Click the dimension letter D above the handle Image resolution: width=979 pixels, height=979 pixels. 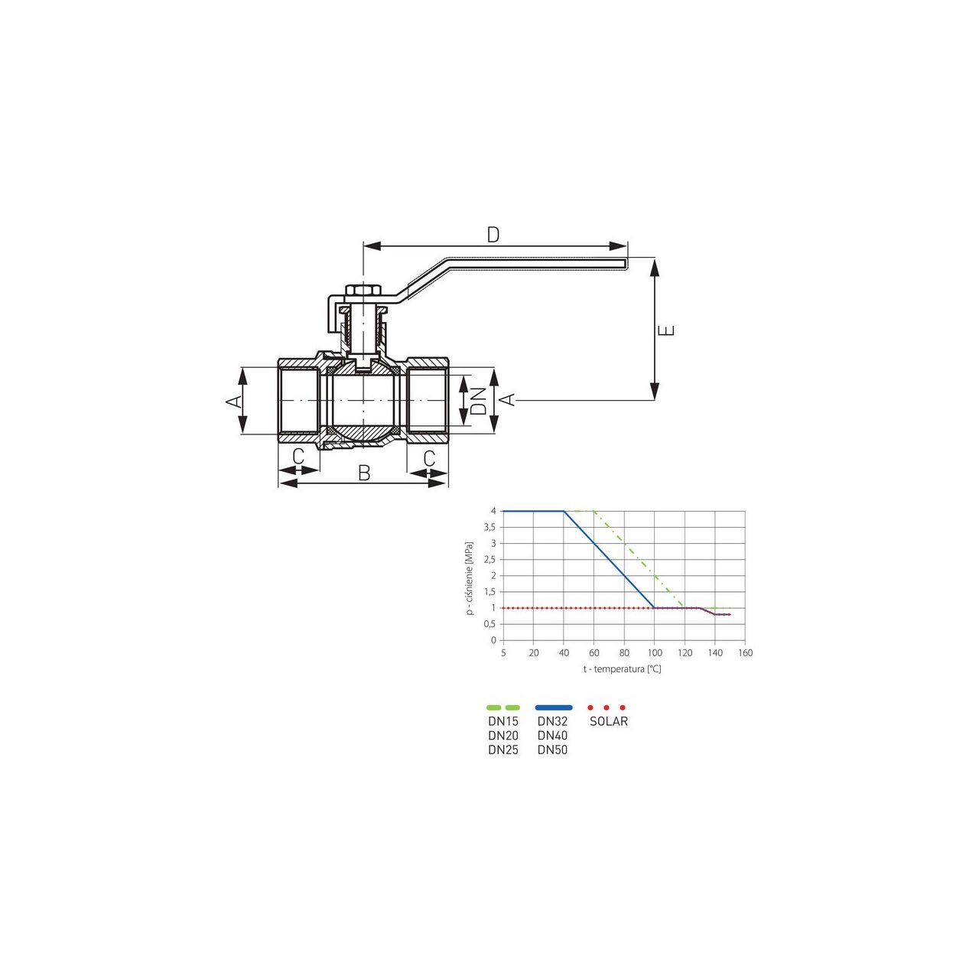(x=493, y=235)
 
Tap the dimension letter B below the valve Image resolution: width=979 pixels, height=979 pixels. (x=364, y=473)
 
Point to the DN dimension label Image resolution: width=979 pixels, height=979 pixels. (x=479, y=400)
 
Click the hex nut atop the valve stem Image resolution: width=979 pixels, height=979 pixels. (x=361, y=291)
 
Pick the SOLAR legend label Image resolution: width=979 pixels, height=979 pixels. (x=609, y=721)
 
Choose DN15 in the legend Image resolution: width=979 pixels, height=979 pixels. (x=503, y=721)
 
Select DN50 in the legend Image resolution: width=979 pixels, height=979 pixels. (x=552, y=750)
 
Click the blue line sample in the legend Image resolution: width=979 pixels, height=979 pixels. (x=554, y=707)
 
